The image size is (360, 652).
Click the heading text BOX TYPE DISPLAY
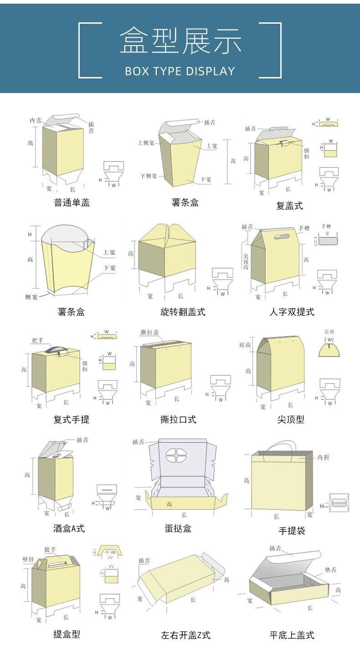point(180,71)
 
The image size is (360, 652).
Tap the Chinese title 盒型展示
point(180,41)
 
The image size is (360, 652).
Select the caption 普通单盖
point(72,203)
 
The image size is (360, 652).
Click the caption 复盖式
point(289,206)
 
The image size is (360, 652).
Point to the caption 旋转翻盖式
point(183,312)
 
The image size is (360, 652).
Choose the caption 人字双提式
point(292,312)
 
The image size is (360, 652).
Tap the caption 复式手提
point(72,419)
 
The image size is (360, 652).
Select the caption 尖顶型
point(291,419)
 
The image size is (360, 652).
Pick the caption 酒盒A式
point(69,528)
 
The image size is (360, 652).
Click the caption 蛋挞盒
point(178,528)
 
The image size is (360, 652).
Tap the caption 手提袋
point(292,531)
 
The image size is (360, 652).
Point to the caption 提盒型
point(67,634)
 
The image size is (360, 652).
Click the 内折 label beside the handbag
point(323,457)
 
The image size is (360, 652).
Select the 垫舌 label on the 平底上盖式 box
point(330,570)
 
